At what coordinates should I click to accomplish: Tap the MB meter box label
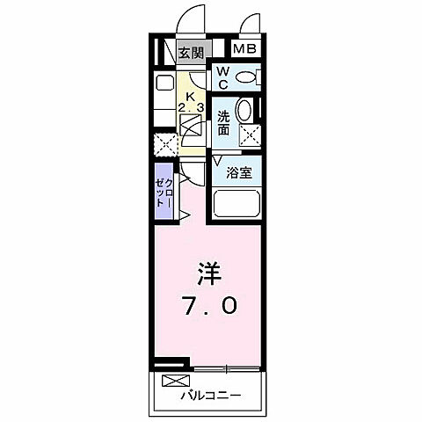click(245, 49)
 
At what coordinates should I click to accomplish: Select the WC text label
click(223, 77)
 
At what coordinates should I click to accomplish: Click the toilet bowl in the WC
click(248, 77)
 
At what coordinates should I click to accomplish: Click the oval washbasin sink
click(246, 111)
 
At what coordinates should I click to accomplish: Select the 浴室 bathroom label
click(239, 173)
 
